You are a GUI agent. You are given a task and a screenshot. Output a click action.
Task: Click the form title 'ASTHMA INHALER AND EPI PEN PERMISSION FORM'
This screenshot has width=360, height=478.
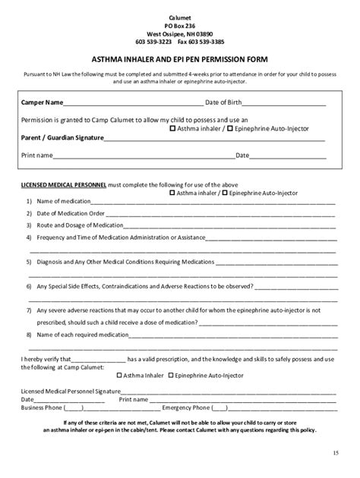pyautogui.click(x=180, y=58)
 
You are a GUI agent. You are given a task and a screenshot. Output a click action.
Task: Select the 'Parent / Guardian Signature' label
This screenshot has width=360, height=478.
pyautogui.click(x=62, y=137)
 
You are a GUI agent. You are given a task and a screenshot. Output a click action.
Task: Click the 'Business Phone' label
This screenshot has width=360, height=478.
pyautogui.click(x=43, y=407)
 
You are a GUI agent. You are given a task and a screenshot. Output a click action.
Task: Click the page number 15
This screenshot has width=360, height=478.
pyautogui.click(x=335, y=453)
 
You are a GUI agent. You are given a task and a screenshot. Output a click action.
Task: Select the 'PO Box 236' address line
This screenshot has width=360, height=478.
pyautogui.click(x=180, y=25)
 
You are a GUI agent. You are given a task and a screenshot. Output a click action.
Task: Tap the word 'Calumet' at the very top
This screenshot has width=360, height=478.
pyautogui.click(x=180, y=17)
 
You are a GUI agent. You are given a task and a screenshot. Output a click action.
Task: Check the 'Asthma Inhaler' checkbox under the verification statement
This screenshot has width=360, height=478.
pyautogui.click(x=119, y=375)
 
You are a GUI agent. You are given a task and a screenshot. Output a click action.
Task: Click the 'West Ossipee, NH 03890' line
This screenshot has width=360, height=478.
pyautogui.click(x=180, y=33)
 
